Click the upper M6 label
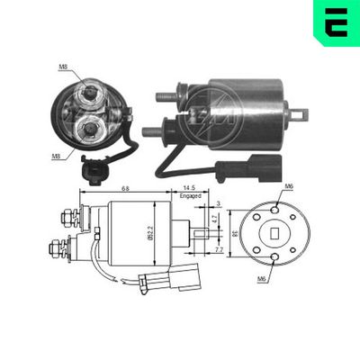coord(289,185)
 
